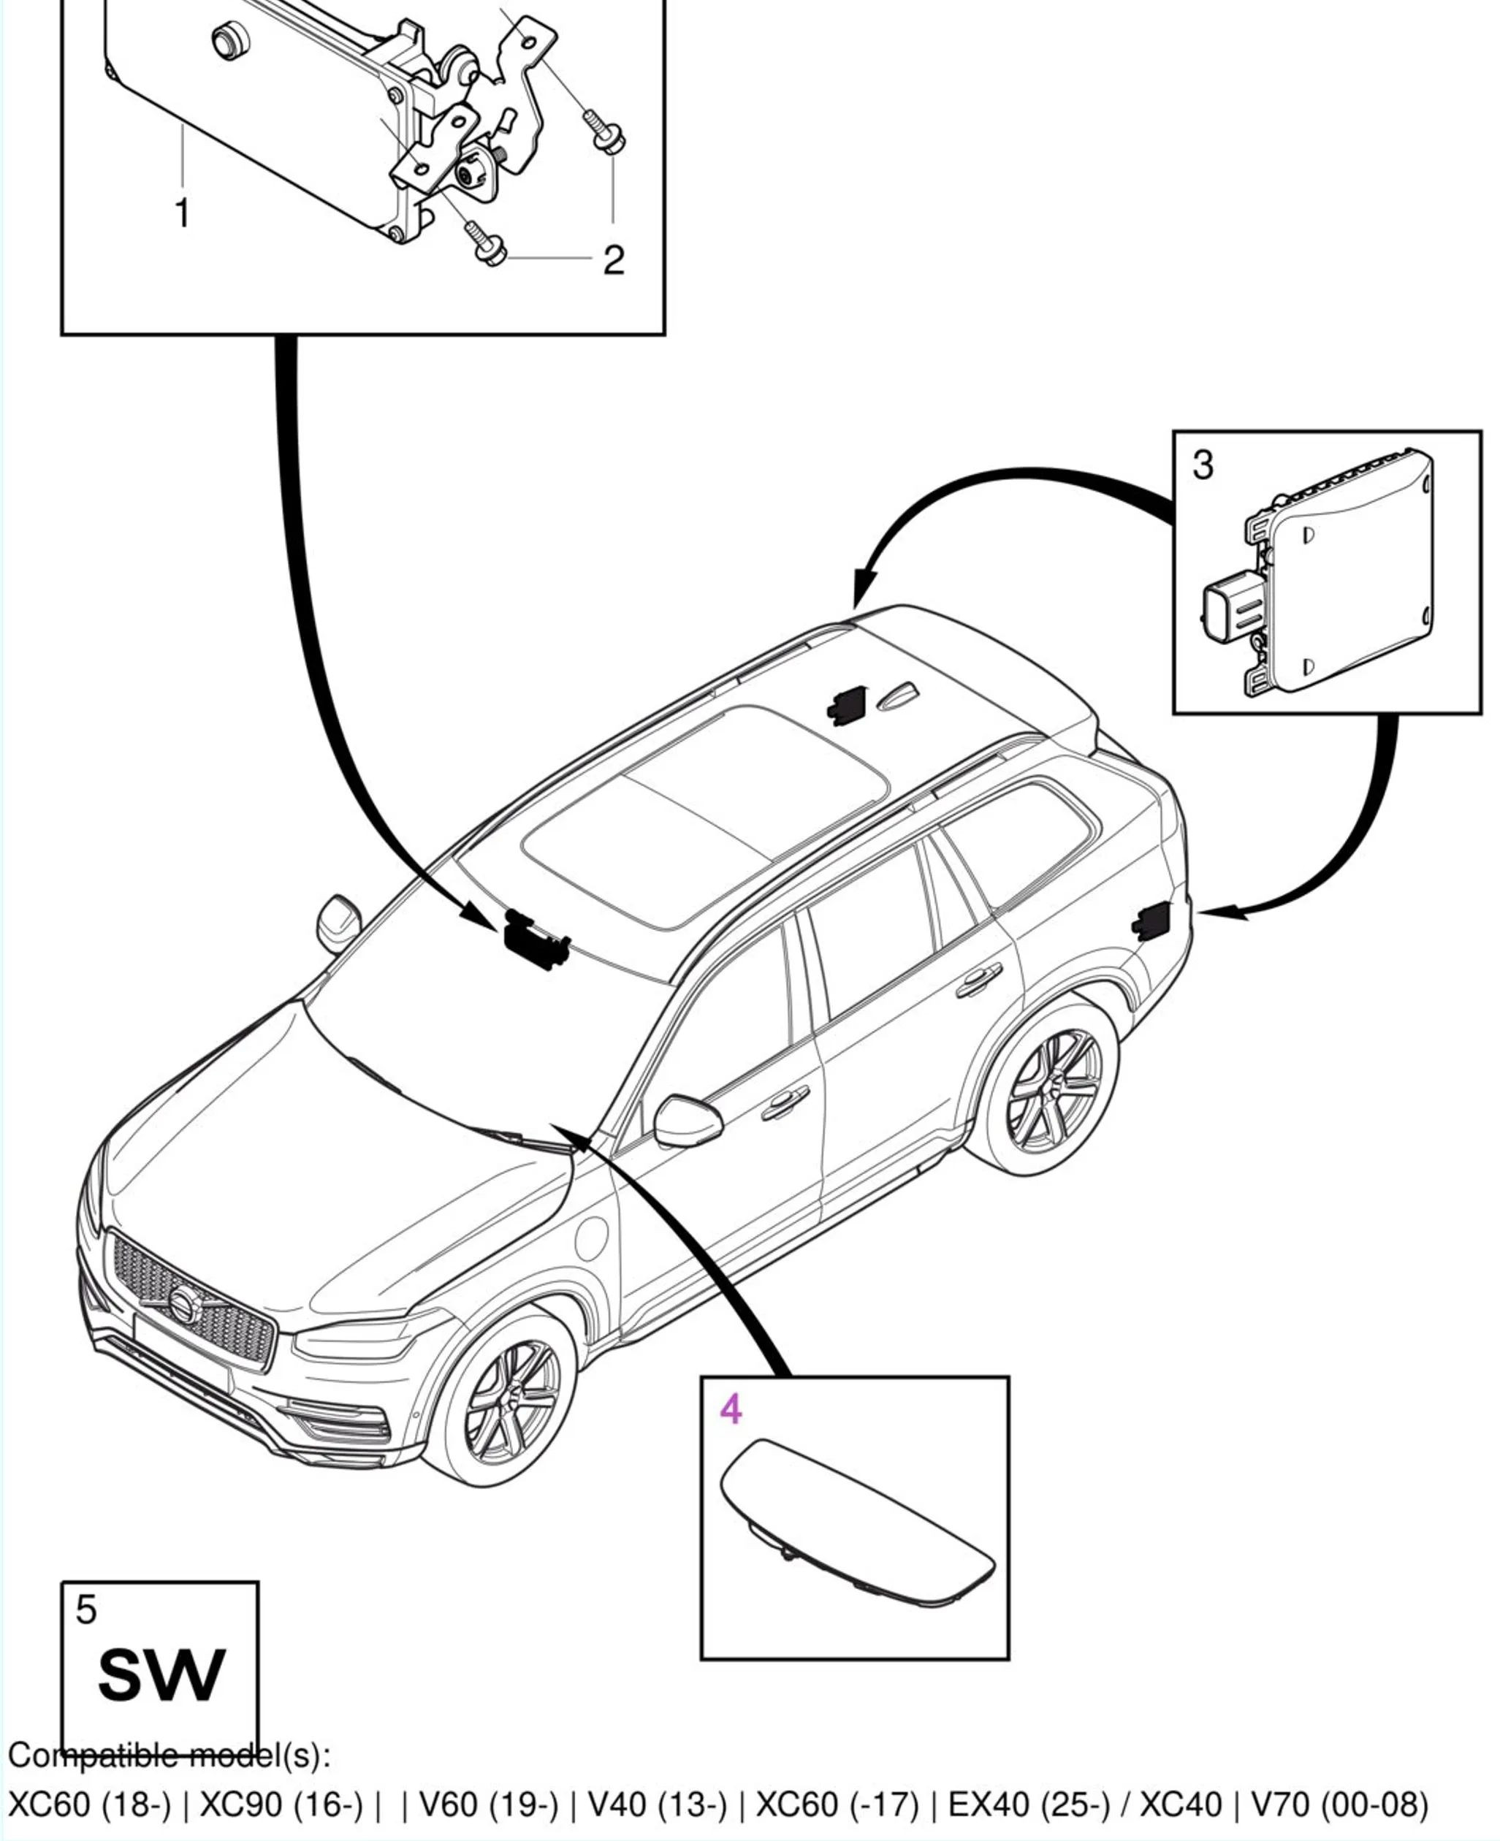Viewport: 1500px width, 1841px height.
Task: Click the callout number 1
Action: coord(183,213)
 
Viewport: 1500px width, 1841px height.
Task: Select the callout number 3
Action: coord(1203,465)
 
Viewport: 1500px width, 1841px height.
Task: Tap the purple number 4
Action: coord(731,1409)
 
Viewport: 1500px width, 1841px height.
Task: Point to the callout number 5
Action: coord(85,1609)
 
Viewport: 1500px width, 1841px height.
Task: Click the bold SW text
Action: coord(161,1675)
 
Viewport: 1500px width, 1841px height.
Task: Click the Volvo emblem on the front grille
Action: coord(183,1303)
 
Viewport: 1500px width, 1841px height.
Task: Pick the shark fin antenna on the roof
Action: coord(899,696)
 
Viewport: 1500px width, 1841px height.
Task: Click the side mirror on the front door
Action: coord(687,1121)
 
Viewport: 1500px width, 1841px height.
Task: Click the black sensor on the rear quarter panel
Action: coord(1151,919)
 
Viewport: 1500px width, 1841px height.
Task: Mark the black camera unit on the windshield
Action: coord(533,939)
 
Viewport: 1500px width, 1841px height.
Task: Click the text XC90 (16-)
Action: coord(281,1804)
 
